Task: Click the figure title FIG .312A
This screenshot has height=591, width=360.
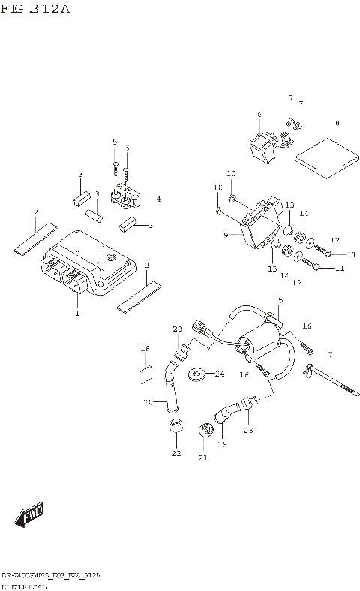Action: coord(35,9)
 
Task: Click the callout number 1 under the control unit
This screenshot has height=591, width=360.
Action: coord(76,313)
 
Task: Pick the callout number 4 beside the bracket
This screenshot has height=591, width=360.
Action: coord(157,199)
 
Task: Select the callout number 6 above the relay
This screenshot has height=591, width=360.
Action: coord(259,115)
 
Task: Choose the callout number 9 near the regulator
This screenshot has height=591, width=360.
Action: coord(225,235)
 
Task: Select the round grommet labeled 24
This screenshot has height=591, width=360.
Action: coord(198,373)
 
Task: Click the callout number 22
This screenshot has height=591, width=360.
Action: coord(175,453)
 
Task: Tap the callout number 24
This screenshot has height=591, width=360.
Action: coord(219,373)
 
